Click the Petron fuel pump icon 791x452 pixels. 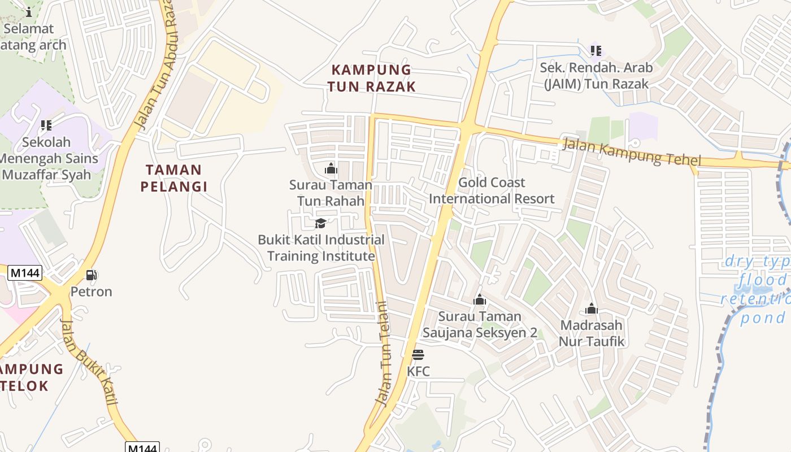click(x=91, y=275)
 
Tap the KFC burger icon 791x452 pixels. click(x=418, y=355)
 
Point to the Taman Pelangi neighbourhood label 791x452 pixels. click(x=173, y=177)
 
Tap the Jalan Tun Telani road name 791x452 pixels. click(x=383, y=353)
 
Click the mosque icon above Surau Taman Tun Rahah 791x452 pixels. click(x=331, y=168)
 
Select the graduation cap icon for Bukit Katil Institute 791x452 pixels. click(x=320, y=223)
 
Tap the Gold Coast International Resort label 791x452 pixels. click(x=492, y=190)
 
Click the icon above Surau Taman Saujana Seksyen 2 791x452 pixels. click(x=480, y=299)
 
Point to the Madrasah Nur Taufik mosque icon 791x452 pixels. click(x=592, y=308)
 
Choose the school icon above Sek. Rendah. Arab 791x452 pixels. click(x=596, y=51)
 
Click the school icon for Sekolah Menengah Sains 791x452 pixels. click(x=46, y=125)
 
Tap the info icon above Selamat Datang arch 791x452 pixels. click(x=29, y=12)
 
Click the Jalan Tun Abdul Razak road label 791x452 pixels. click(x=156, y=68)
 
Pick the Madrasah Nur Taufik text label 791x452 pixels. click(x=592, y=333)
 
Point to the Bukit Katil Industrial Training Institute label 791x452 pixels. click(x=321, y=247)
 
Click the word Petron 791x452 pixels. click(x=91, y=292)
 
